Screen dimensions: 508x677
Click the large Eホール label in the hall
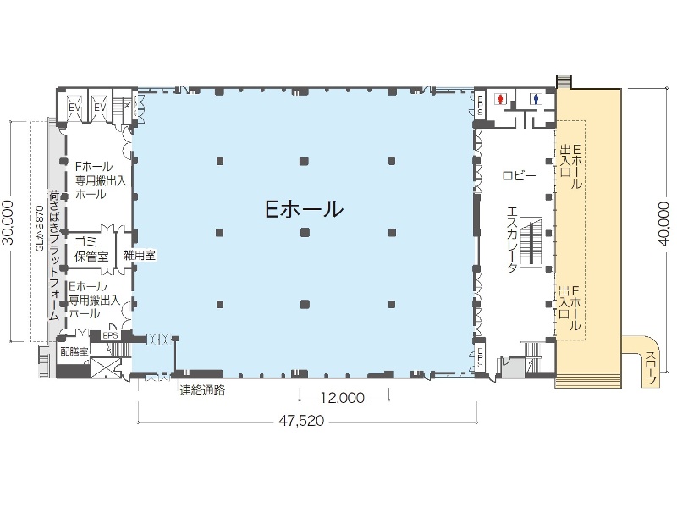tap(304, 208)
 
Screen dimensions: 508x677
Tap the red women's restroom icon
tap(502, 99)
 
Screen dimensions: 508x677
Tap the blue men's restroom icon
tap(536, 99)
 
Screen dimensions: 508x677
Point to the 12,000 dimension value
tap(343, 397)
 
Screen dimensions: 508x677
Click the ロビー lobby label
tap(519, 175)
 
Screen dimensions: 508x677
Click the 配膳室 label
tap(74, 350)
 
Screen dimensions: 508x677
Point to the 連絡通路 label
tap(202, 390)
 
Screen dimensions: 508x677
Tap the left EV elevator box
tap(75, 108)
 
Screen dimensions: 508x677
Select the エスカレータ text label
tap(512, 240)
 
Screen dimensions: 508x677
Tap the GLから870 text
tap(40, 229)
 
